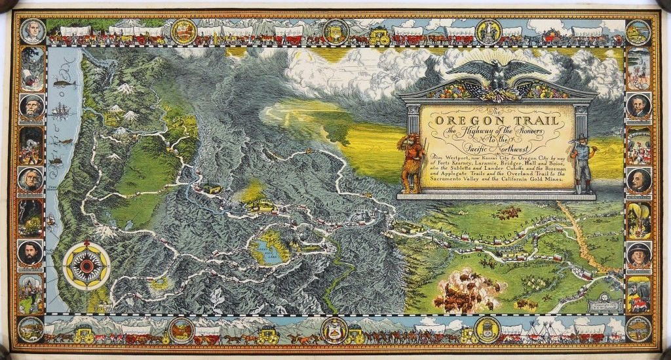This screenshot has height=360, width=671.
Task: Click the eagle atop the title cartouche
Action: coord(499,75)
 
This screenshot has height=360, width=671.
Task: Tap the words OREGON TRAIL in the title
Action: coord(498,121)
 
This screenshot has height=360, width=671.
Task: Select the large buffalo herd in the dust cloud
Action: coord(469,292)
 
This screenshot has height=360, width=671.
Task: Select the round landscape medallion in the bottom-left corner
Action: coord(31,329)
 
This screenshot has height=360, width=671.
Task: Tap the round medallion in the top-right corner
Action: coord(638,31)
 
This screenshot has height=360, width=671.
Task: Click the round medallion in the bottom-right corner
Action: coord(638,329)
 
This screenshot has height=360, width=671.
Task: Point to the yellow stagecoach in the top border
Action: coord(379,35)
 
